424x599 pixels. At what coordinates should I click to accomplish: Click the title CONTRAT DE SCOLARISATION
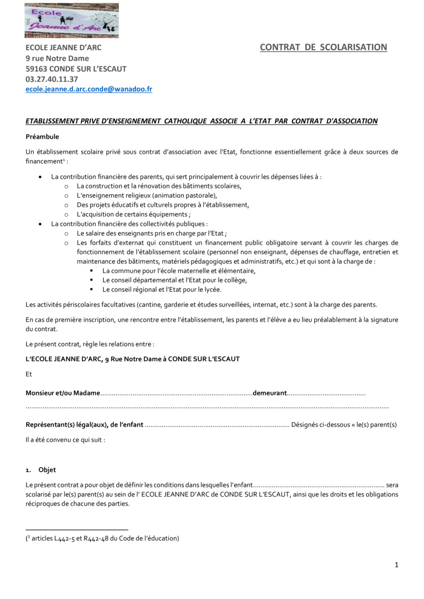tap(323, 47)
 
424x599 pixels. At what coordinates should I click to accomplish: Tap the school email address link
tap(89, 89)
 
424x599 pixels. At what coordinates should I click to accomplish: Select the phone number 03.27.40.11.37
tap(52, 79)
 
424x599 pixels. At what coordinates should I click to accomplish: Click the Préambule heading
tap(42, 137)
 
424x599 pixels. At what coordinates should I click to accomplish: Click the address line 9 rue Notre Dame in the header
tap(57, 58)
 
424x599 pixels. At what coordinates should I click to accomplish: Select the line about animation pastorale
tap(147, 195)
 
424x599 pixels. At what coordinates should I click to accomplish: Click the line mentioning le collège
tap(174, 280)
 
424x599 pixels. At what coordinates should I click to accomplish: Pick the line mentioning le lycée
tap(161, 290)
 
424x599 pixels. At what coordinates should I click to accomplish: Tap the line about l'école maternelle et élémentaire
tap(178, 271)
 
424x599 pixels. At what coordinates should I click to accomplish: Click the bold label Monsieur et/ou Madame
tap(63, 393)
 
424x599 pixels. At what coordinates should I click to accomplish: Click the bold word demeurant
tap(269, 393)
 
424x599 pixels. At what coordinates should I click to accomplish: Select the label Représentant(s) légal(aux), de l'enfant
tap(84, 425)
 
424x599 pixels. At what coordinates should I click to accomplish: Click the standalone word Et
tap(28, 374)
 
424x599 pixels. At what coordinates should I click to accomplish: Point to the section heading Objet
tap(47, 470)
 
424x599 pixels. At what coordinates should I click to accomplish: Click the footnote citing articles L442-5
tap(102, 538)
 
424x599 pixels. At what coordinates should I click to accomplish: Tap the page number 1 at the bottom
tap(396, 565)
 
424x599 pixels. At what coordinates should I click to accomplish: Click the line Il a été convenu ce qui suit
tap(65, 440)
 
